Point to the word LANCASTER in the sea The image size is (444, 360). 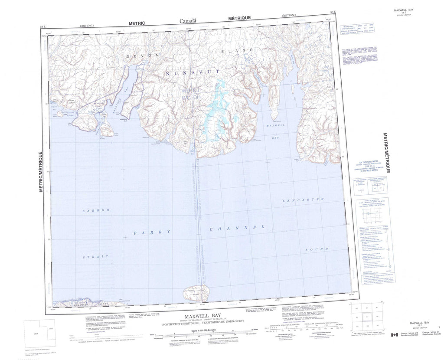click(x=303, y=200)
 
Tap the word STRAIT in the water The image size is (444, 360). click(x=95, y=257)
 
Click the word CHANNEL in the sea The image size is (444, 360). click(x=237, y=228)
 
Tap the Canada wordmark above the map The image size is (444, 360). click(x=188, y=21)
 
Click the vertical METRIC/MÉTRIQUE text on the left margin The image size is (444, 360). click(x=41, y=171)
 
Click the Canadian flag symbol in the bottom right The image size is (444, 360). click(x=394, y=335)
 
